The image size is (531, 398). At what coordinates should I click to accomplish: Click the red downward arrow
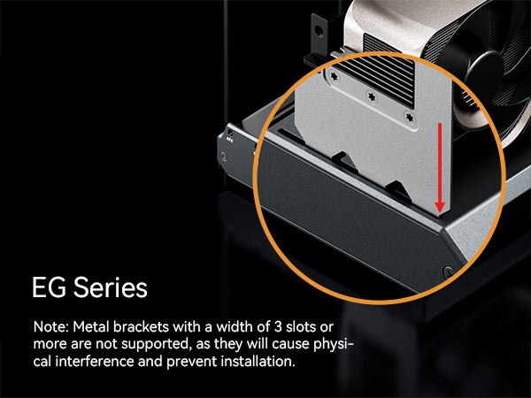(438, 168)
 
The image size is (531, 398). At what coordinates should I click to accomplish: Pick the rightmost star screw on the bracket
(409, 114)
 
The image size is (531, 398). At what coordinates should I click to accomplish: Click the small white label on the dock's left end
(230, 138)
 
